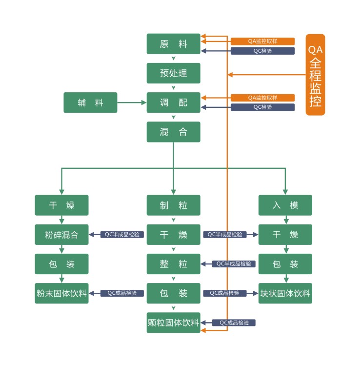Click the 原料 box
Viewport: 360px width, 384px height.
point(173,44)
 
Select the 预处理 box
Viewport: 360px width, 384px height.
point(173,73)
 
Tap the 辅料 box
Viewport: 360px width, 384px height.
point(90,102)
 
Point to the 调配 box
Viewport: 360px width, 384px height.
point(173,102)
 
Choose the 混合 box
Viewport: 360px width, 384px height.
point(173,132)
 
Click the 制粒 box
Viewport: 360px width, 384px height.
point(173,205)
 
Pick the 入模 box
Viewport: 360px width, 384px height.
point(285,205)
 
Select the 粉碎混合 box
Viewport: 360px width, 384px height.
point(61,235)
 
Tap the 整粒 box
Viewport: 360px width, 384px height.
point(173,264)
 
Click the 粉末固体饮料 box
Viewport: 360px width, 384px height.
point(61,293)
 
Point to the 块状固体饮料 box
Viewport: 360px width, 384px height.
point(285,293)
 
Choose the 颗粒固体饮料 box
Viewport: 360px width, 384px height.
point(173,323)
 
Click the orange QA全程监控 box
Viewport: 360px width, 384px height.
point(315,75)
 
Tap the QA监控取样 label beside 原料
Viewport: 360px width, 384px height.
point(262,41)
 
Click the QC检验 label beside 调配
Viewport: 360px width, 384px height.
point(262,107)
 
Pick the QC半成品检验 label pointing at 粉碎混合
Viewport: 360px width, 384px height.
point(122,235)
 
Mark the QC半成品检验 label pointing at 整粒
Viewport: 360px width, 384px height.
point(234,264)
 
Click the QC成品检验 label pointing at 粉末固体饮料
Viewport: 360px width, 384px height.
point(122,293)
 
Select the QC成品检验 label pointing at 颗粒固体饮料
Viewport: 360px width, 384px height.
point(234,323)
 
